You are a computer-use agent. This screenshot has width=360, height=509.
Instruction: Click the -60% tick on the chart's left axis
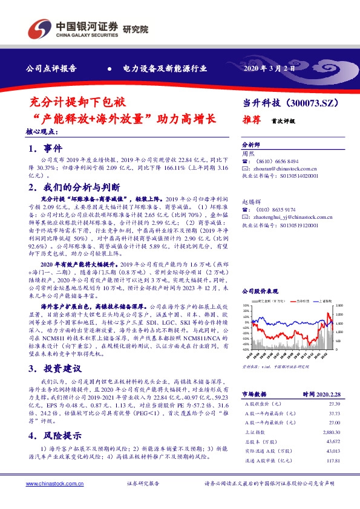click(245, 349)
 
